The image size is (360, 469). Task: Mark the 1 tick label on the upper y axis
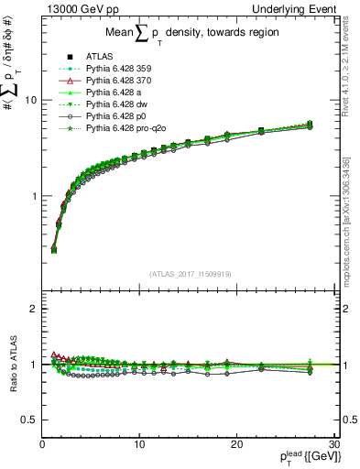coord(34,196)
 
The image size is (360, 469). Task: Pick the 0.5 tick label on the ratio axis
coord(29,420)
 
